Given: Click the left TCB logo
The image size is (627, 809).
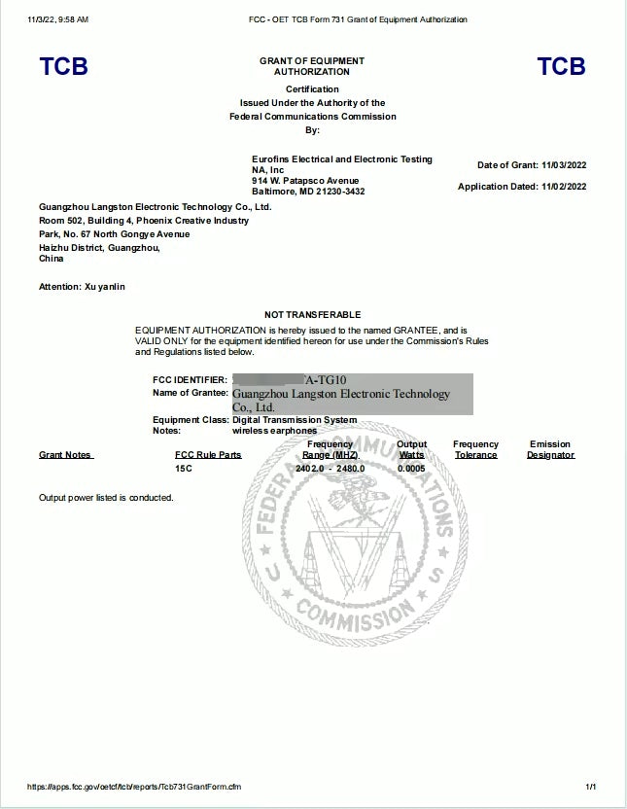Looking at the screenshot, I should click(x=63, y=66).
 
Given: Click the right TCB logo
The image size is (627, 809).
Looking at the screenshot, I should click(x=561, y=66).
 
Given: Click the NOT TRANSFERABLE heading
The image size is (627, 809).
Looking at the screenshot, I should click(x=312, y=315).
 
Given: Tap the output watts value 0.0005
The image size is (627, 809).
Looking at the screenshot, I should click(x=411, y=468).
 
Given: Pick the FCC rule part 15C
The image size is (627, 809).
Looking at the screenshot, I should click(x=183, y=468).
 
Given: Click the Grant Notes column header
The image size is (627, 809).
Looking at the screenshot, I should click(x=65, y=455).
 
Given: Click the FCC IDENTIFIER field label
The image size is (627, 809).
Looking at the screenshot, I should click(x=190, y=379).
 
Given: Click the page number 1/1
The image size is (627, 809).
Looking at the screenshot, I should click(x=590, y=786).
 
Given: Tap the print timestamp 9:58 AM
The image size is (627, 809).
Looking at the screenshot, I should click(x=72, y=19).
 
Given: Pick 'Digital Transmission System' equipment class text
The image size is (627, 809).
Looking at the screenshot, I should click(x=295, y=420).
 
